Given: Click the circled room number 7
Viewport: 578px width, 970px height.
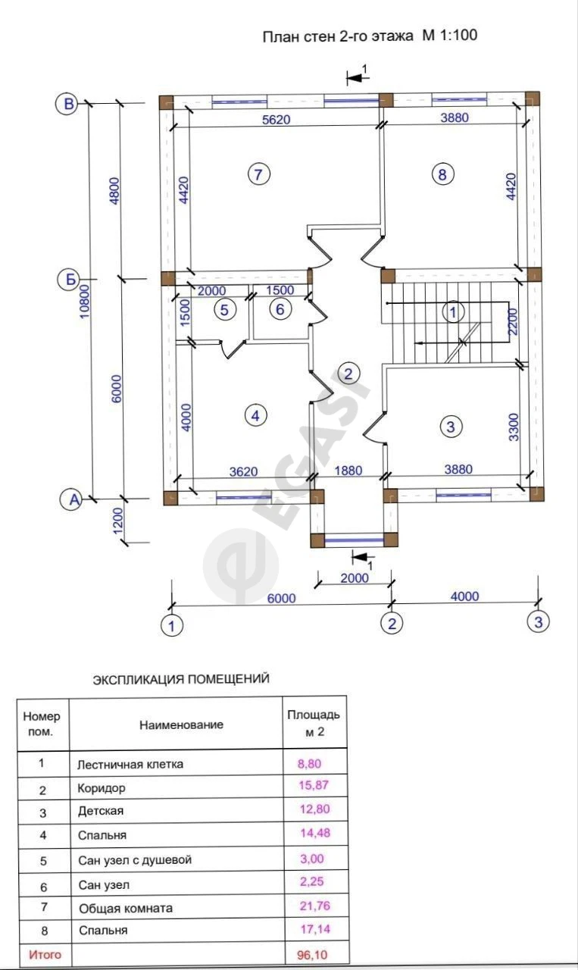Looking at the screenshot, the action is [x=258, y=174].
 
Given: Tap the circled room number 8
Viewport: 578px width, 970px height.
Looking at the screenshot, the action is [x=442, y=174].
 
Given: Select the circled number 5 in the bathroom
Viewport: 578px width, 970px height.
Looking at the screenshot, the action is [x=224, y=310].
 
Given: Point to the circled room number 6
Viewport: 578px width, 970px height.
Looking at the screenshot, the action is [x=280, y=309].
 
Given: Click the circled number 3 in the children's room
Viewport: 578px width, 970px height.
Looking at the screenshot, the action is [x=451, y=427].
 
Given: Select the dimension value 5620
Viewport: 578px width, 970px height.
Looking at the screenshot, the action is [x=277, y=119].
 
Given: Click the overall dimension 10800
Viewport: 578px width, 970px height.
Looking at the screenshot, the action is [x=84, y=301].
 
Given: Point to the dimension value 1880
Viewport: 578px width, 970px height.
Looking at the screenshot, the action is [x=348, y=471].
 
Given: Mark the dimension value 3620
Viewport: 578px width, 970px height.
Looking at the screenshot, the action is [x=243, y=471].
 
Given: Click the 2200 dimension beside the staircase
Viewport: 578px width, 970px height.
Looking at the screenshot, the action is [x=512, y=321].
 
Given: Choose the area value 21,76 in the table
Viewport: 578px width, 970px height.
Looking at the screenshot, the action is [x=315, y=906].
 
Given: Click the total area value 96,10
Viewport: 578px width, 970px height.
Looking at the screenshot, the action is [x=312, y=954].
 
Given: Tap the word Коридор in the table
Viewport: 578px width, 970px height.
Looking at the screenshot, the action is [x=102, y=787].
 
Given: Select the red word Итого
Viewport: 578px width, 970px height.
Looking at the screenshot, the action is [x=45, y=954].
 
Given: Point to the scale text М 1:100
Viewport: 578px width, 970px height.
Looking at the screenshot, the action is [x=449, y=35].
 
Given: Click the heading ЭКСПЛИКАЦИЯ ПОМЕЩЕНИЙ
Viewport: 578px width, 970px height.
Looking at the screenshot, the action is [x=181, y=678].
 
